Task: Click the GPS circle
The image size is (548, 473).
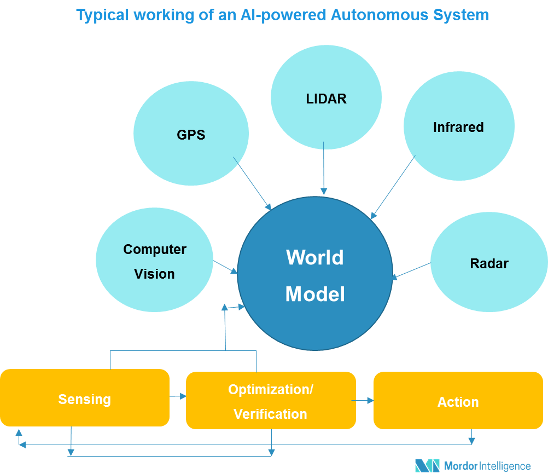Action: tap(191, 133)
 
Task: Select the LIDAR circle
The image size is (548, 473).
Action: tap(326, 97)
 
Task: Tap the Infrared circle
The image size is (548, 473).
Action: tap(459, 126)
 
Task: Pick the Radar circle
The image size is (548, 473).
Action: tap(489, 262)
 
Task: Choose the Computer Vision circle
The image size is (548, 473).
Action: tap(154, 260)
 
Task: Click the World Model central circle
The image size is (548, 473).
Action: tap(315, 273)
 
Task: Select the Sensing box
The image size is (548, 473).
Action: tap(85, 398)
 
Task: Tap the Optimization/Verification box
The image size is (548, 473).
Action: tap(271, 401)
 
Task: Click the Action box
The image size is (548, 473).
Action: tap(458, 401)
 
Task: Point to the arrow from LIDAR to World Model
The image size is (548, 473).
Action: tap(324, 168)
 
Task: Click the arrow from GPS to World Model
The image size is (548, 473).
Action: tap(252, 184)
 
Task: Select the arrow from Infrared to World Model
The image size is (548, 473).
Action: tap(393, 188)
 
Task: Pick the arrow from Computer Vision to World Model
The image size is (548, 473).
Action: tap(225, 267)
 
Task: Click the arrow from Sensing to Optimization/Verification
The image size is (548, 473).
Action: tap(178, 396)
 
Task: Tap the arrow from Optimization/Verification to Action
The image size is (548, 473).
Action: tap(363, 401)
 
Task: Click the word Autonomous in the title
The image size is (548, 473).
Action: tap(380, 15)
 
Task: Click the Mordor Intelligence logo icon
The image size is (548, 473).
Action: tap(427, 466)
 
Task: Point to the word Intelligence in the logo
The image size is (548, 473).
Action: tap(505, 466)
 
